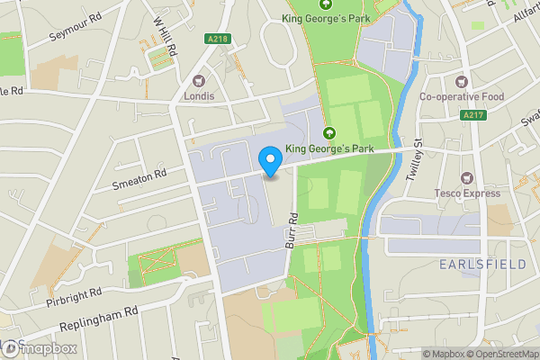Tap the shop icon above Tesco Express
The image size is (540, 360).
[x=466, y=177]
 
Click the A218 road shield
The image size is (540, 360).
[x=215, y=40]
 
